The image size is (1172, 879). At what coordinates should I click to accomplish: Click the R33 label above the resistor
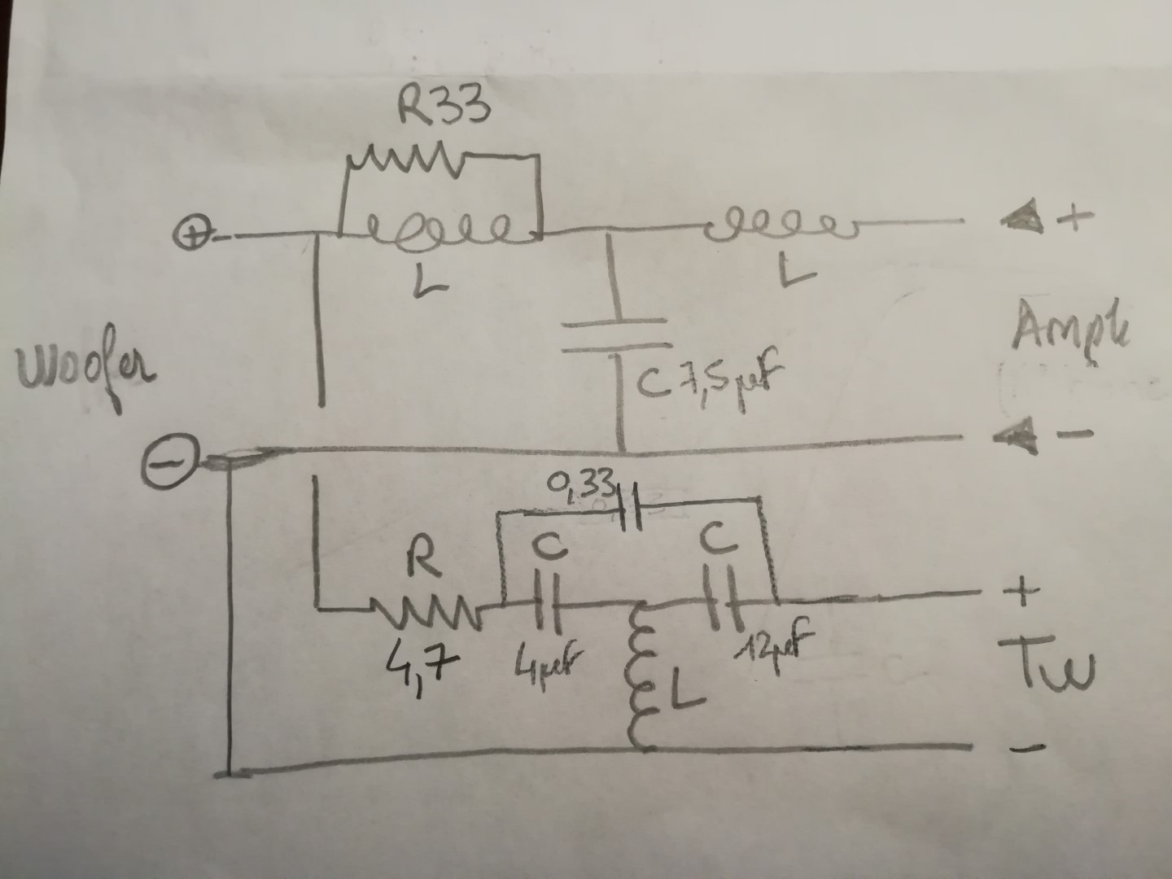click(444, 108)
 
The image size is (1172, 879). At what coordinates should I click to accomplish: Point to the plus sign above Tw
click(1025, 592)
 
